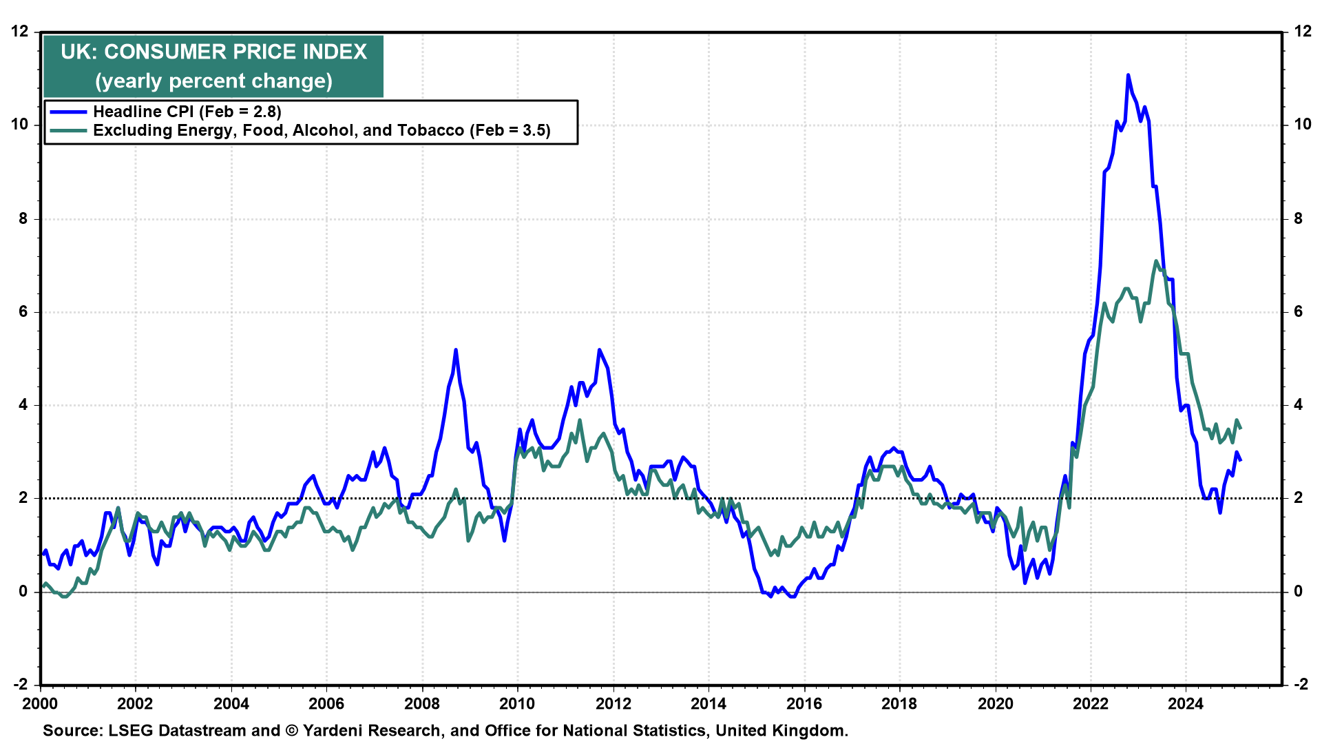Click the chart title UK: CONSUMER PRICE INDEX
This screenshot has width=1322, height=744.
(213, 52)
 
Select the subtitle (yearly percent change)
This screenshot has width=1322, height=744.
(213, 81)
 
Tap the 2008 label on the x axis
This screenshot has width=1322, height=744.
(422, 703)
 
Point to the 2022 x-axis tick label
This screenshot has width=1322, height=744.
(1091, 703)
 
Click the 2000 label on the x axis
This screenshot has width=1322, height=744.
(41, 703)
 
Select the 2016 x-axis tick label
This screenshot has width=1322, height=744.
(804, 703)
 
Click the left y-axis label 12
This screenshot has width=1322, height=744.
(20, 31)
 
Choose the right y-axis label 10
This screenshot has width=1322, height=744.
(1303, 125)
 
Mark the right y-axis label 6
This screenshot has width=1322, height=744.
(1299, 311)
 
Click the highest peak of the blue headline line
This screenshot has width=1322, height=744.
(1128, 74)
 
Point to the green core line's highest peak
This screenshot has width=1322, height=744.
(1157, 260)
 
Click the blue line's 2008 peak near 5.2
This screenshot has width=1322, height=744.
(456, 350)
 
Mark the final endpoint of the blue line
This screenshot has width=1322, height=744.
(1240, 460)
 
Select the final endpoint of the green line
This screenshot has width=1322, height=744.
(1240, 428)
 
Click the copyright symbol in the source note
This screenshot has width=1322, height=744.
(291, 730)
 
